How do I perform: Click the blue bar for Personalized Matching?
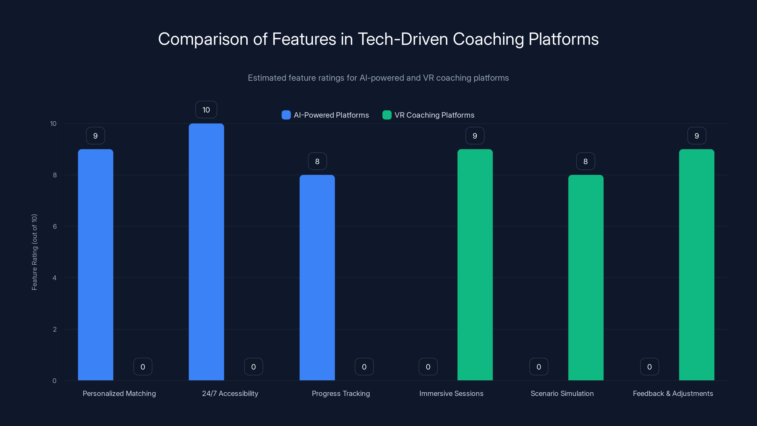point(96,265)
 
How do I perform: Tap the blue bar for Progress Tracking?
point(317,278)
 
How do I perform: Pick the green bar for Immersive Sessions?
point(475,265)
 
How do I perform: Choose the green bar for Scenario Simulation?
point(586,278)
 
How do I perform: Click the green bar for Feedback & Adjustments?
point(696,265)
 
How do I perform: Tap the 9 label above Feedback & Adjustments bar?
point(697,136)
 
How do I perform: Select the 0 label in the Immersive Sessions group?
point(428,367)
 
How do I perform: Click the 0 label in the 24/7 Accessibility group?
point(253,367)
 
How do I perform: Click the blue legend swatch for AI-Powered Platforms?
point(286,115)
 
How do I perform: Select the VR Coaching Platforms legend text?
point(434,115)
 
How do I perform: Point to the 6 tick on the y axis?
point(55,226)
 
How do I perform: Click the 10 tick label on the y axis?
point(53,124)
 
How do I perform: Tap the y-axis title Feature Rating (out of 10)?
point(34,252)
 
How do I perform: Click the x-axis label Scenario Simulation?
point(562,393)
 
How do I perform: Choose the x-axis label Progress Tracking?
point(341,393)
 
